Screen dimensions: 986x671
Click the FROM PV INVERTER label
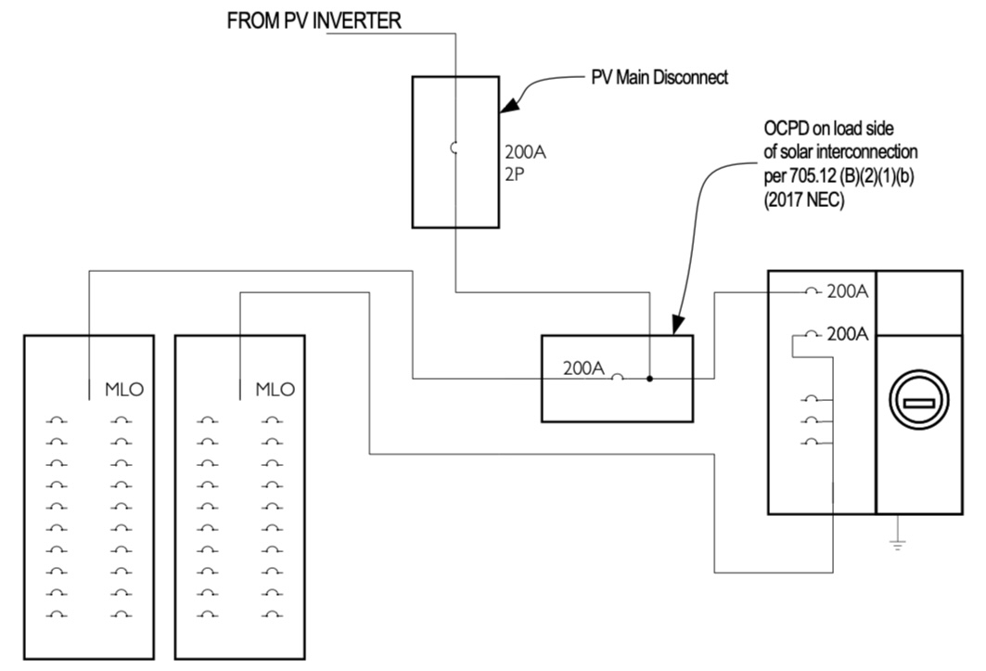(314, 20)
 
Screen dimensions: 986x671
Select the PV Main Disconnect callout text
(659, 77)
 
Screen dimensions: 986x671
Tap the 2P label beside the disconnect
(515, 174)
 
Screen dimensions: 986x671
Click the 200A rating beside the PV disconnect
(525, 152)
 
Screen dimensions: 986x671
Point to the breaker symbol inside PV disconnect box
(453, 148)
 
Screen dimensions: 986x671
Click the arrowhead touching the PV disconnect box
(509, 105)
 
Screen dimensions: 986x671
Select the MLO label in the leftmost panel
(124, 390)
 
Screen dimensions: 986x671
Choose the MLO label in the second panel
(275, 390)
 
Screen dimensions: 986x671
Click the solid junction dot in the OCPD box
(649, 379)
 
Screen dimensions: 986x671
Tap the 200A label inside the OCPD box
(583, 368)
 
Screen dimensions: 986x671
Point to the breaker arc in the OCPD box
(618, 376)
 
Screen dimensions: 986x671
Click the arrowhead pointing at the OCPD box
(677, 324)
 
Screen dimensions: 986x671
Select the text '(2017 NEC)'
(804, 200)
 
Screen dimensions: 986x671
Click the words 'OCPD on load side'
(829, 128)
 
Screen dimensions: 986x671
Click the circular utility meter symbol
(919, 400)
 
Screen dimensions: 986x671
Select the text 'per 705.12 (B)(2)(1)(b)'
(839, 176)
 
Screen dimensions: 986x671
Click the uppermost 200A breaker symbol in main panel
(812, 290)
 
